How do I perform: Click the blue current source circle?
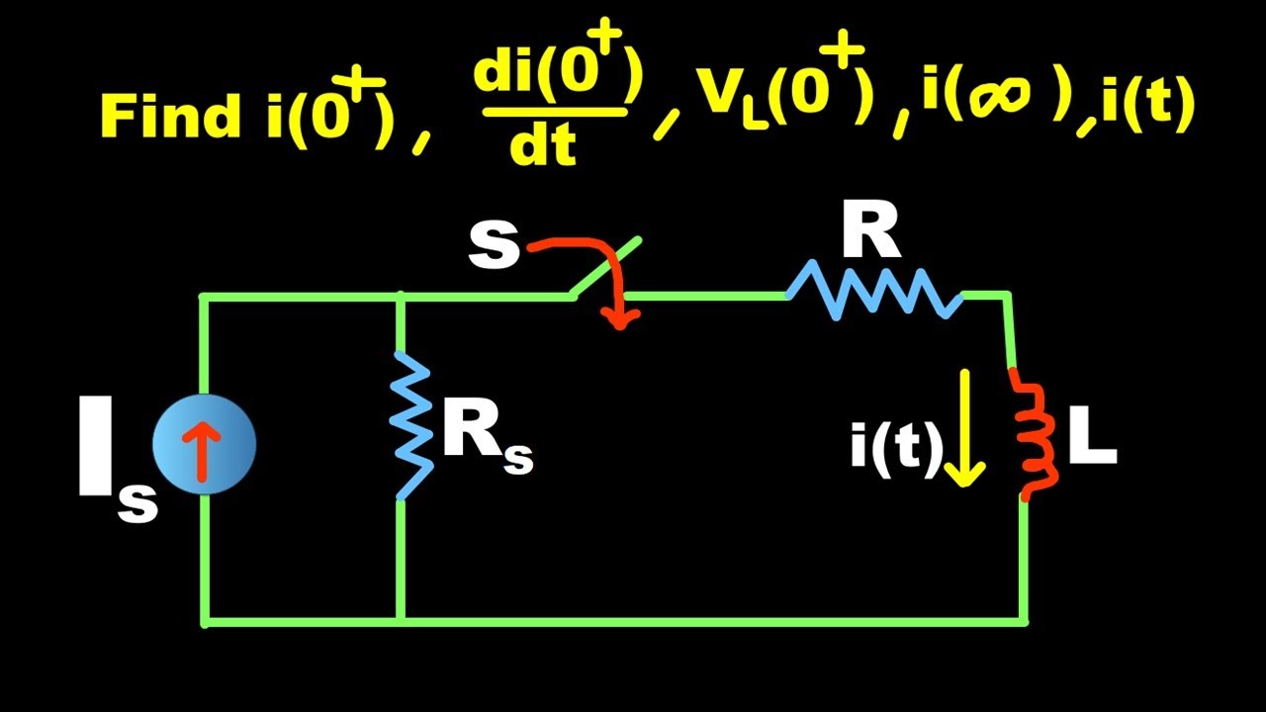click(x=205, y=444)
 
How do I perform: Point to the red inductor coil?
click(x=1035, y=433)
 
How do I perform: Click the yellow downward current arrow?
click(x=963, y=429)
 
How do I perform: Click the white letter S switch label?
click(x=494, y=246)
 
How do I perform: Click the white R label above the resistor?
click(x=870, y=234)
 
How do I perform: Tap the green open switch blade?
click(x=605, y=267)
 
